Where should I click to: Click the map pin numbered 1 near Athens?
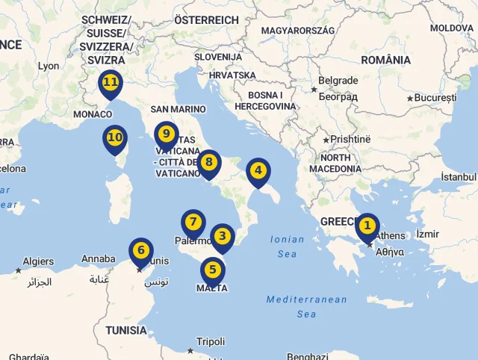pos(367,226)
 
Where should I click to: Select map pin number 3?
pos(222,236)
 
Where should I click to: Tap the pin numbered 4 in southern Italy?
pos(258,170)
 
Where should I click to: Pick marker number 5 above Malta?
pos(213,270)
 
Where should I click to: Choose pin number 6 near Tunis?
pos(141,249)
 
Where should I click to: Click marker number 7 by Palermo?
pos(193,222)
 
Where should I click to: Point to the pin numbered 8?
pos(209,162)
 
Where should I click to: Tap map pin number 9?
pos(167,134)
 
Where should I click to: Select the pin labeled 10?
pos(115,137)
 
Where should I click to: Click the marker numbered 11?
pos(111,82)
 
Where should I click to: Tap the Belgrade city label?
pos(338,81)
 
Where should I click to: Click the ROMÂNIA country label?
pos(385,60)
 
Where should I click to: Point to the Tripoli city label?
pos(210,341)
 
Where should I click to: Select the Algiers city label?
pos(38,261)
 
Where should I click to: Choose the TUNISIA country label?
pos(125,330)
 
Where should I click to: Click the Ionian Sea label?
pos(287,246)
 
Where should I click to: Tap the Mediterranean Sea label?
pos(306,306)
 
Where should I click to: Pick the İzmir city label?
pos(429,234)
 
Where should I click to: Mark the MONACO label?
pos(93,114)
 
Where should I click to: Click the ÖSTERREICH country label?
pos(206,20)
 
